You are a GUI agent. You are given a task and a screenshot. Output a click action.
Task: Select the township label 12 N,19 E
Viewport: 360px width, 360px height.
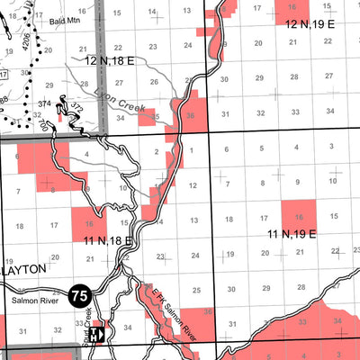coord(310,25)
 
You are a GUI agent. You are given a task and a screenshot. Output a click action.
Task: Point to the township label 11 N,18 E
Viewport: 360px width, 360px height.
coord(108,241)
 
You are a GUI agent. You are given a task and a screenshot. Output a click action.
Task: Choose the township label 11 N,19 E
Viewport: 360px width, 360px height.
coord(291,234)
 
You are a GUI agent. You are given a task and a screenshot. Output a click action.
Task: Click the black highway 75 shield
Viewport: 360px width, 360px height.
coord(79,293)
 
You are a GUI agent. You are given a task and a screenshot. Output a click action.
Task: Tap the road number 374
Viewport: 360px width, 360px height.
coord(43,104)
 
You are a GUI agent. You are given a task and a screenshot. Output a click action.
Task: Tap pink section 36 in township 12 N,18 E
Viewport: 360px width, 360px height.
coord(189,114)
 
